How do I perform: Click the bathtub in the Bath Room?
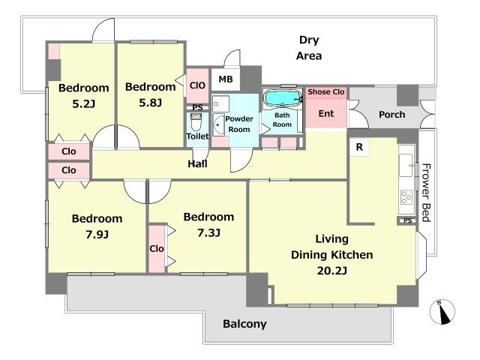tap(282, 98)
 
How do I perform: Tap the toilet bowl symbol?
tap(196, 122)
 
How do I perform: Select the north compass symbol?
tap(442, 312)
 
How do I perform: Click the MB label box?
tap(226, 79)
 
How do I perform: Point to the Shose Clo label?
tap(326, 91)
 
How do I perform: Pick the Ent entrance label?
tap(326, 113)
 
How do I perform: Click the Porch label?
tap(391, 115)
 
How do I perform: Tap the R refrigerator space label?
tap(359, 147)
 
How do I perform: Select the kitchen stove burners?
tap(406, 197)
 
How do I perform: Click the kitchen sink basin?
tap(406, 165)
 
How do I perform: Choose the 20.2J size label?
tap(331, 271)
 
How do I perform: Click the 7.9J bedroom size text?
tap(97, 235)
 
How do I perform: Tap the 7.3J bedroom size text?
tap(208, 233)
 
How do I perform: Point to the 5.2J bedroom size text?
tap(83, 104)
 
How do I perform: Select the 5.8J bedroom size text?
tap(150, 103)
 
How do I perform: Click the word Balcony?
tap(244, 324)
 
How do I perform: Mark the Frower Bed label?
tap(426, 193)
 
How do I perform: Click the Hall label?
tap(197, 163)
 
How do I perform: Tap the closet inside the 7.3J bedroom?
tap(157, 249)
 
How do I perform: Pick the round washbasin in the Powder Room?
tap(218, 125)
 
